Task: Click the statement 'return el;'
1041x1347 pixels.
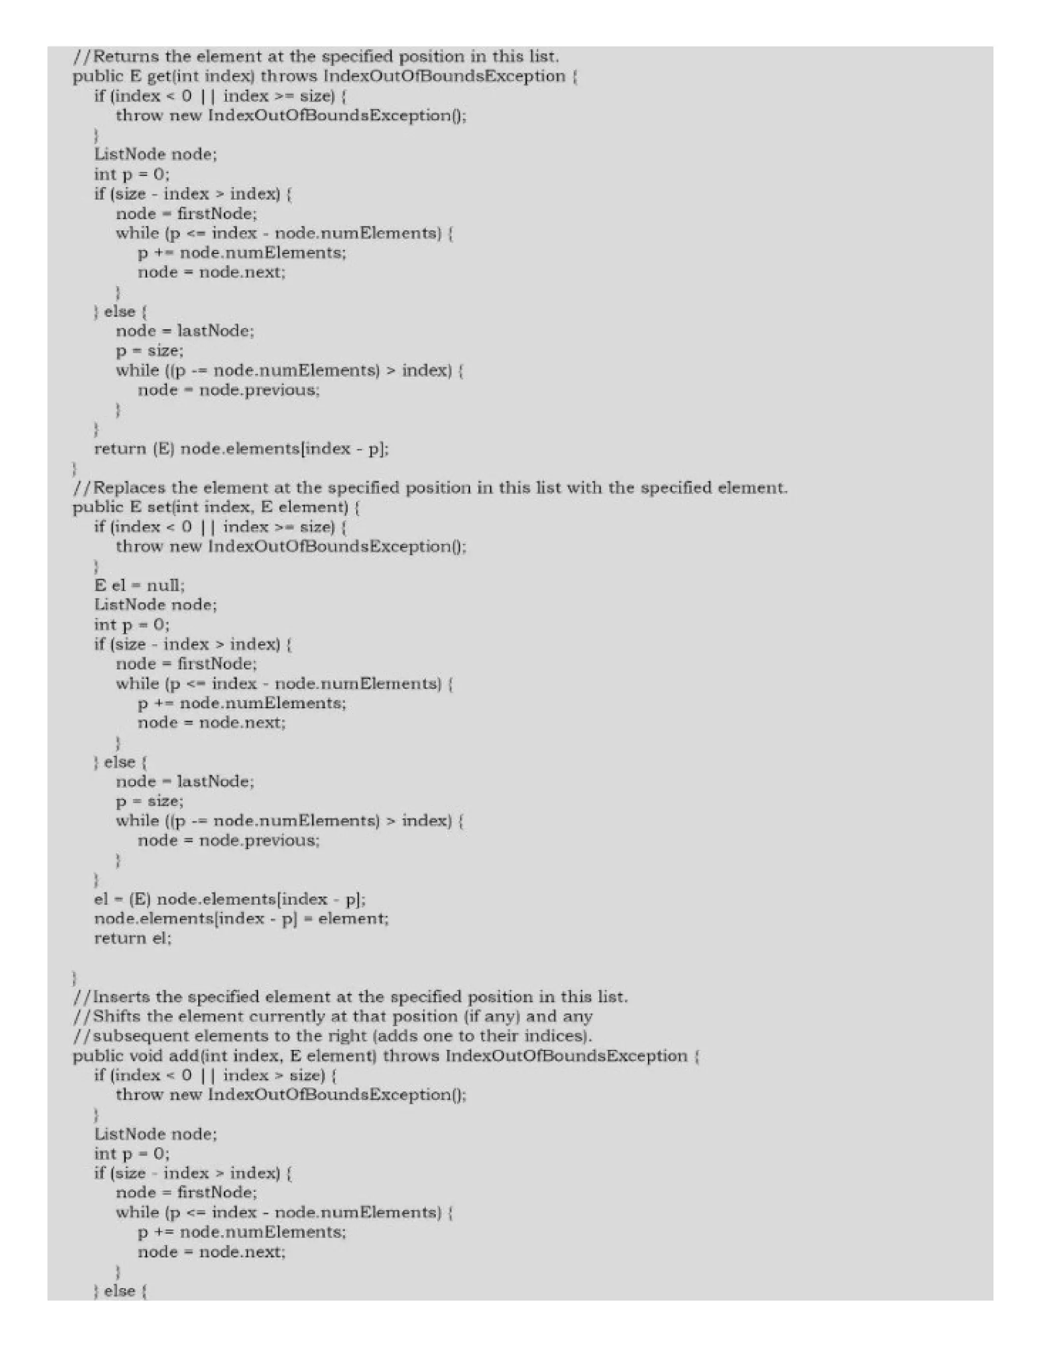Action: click(x=133, y=938)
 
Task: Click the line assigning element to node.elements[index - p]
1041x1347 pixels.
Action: click(x=241, y=919)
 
